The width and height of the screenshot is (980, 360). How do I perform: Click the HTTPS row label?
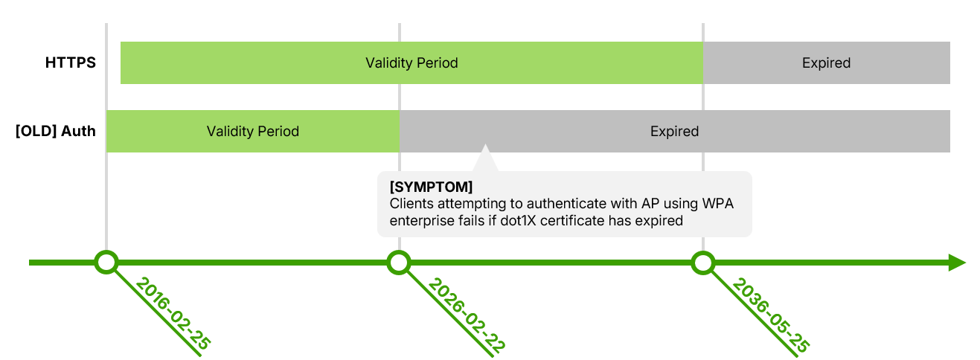(71, 63)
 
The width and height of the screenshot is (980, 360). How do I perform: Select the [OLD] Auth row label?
(56, 132)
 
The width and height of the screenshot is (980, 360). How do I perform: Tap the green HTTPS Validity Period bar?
(411, 63)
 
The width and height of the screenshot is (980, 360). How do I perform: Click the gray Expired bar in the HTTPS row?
(826, 63)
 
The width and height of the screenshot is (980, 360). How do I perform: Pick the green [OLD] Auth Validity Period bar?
(253, 132)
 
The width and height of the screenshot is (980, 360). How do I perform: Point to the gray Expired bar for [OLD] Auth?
(674, 132)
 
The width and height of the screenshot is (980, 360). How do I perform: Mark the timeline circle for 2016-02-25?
(106, 263)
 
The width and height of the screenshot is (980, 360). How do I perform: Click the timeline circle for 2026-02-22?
(399, 263)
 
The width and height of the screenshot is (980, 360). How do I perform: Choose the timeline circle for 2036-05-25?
(702, 263)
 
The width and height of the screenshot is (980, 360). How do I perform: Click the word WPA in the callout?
(718, 204)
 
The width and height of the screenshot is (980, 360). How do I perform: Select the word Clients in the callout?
(411, 204)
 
